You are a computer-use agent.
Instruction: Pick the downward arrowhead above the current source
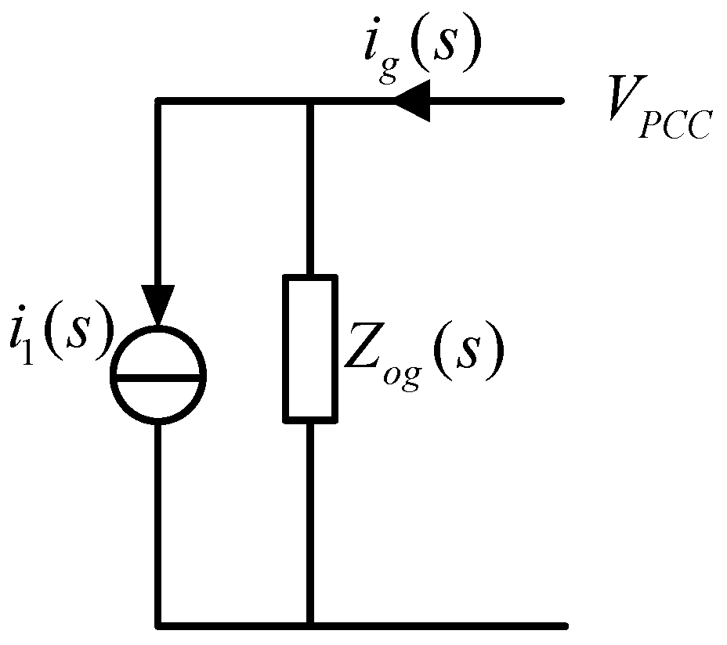coord(159,309)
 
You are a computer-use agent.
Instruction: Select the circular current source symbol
coord(159,377)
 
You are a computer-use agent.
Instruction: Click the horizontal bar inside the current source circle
coord(159,377)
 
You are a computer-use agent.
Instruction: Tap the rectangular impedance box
coord(310,348)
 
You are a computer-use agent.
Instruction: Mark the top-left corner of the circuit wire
coord(159,101)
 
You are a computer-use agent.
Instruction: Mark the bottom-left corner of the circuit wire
coord(159,625)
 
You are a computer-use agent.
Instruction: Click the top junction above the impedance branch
coord(310,101)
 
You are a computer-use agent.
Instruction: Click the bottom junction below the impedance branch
coord(310,625)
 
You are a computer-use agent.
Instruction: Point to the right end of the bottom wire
coord(564,625)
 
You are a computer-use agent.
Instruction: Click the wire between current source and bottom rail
coord(159,524)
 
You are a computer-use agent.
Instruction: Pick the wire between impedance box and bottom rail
coord(310,524)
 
